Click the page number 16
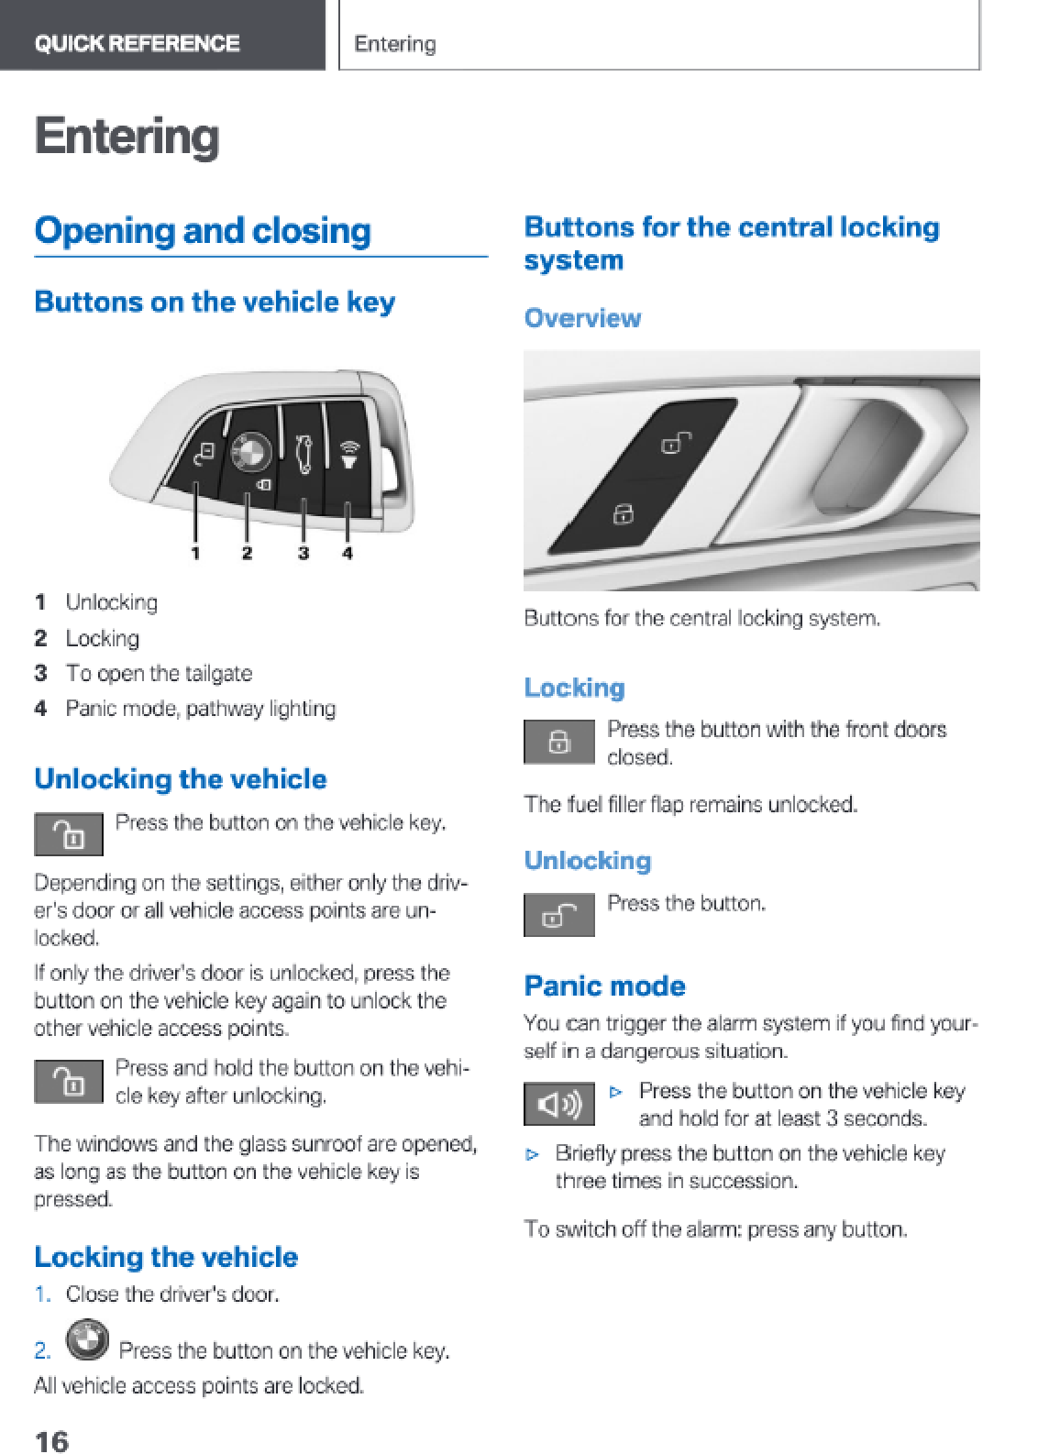(x=52, y=1439)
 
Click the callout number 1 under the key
(x=195, y=553)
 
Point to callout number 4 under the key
(x=348, y=553)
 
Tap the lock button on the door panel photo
(x=624, y=513)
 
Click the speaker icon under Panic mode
(x=559, y=1104)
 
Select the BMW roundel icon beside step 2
(x=88, y=1339)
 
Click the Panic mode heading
(x=604, y=986)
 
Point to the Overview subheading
(x=582, y=318)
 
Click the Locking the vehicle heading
(x=166, y=1257)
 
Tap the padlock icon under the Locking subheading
(x=559, y=742)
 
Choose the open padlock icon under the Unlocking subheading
(x=559, y=915)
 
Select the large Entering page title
(x=127, y=137)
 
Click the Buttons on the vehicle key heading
(x=215, y=303)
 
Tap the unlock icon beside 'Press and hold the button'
(x=69, y=1082)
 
